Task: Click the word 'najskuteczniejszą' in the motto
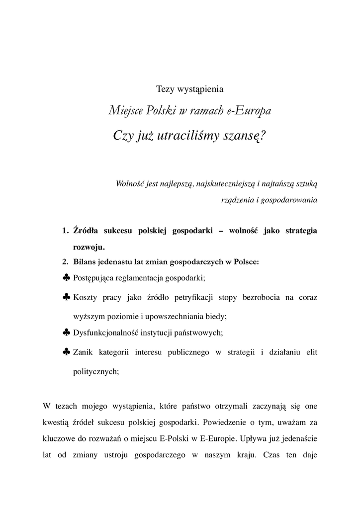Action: (226, 183)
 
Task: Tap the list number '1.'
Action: (65, 231)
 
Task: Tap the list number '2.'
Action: (65, 262)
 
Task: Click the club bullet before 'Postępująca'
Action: (67, 277)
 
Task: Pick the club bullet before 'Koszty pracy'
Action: (67, 297)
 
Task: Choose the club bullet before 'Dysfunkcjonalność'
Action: (67, 332)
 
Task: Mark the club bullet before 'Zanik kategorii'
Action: (67, 351)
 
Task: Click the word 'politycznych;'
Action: (96, 371)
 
